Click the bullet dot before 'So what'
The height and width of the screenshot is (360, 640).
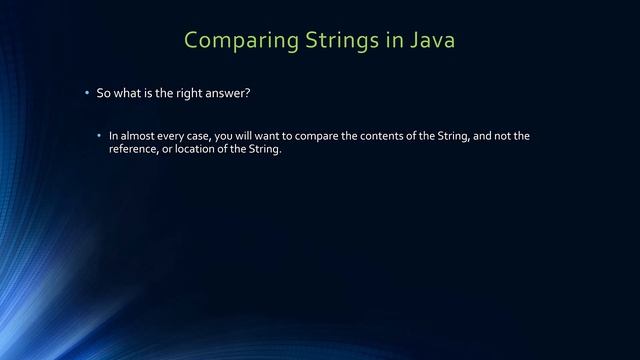(x=87, y=93)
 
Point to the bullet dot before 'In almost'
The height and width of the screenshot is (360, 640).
(x=99, y=136)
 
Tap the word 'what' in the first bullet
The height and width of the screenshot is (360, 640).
(x=126, y=93)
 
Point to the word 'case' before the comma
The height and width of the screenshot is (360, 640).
(x=204, y=136)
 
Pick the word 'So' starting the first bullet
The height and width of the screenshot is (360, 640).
(x=103, y=93)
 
